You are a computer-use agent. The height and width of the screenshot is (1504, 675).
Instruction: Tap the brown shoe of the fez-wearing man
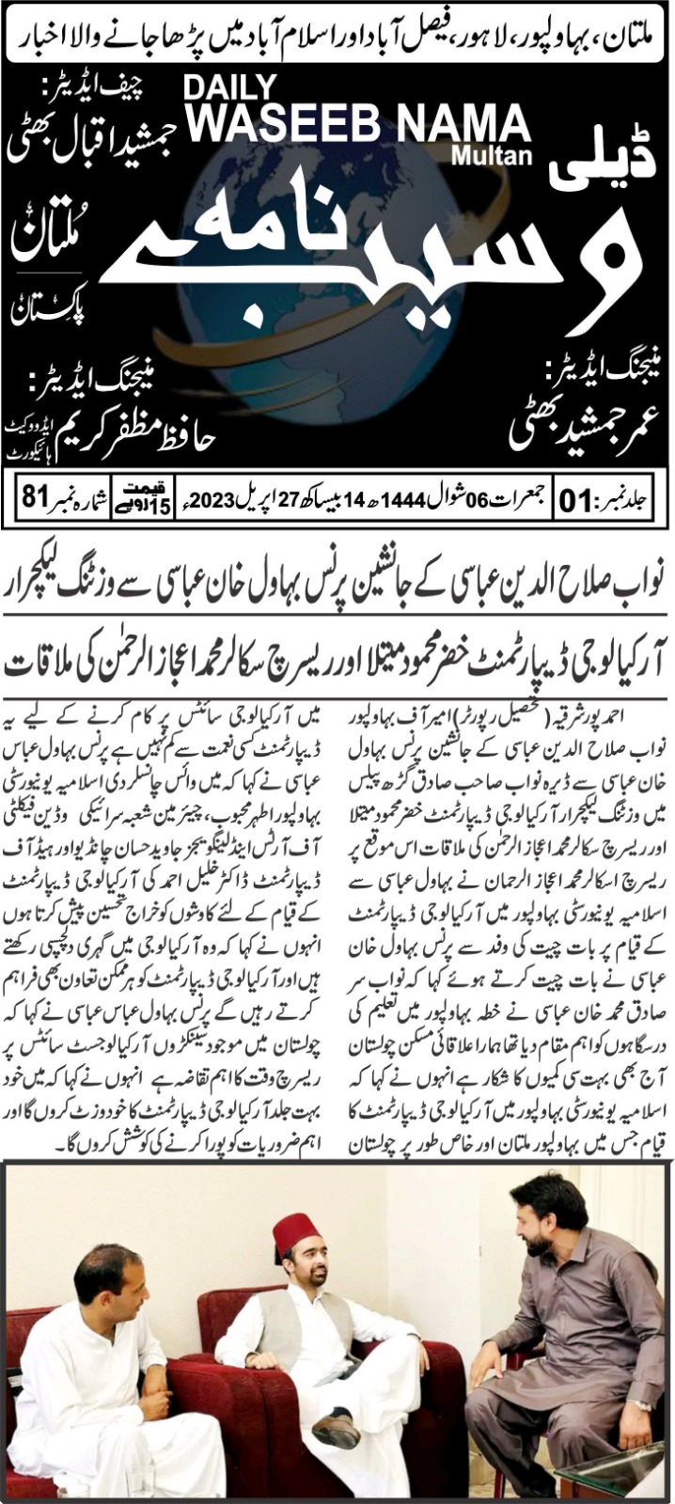tap(336, 1429)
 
